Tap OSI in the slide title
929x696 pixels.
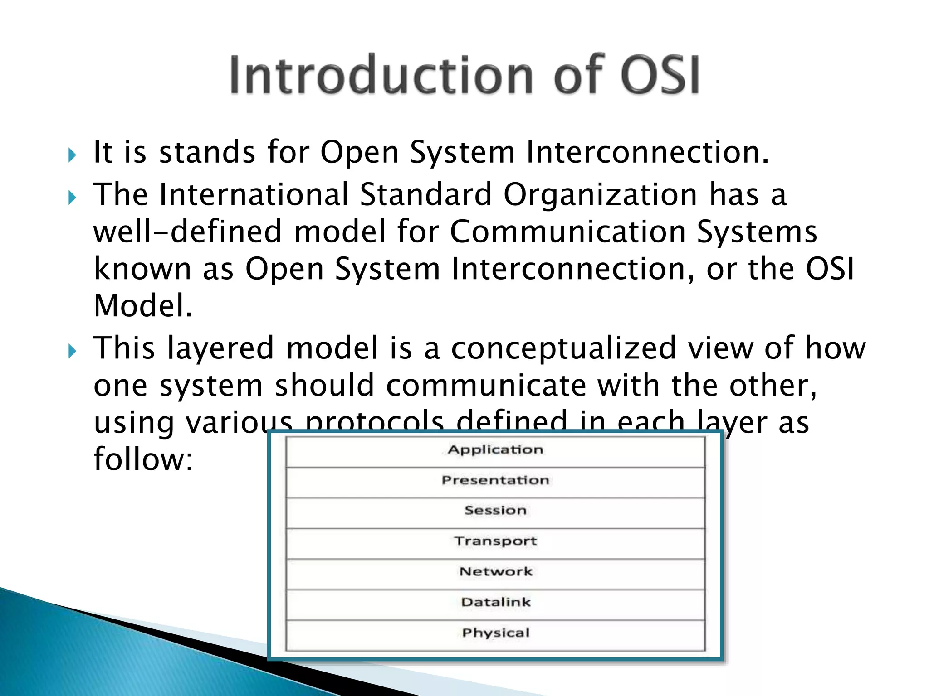click(660, 75)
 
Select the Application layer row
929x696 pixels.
click(495, 450)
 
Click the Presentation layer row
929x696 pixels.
click(495, 480)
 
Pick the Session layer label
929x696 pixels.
click(495, 511)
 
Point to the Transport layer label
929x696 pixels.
click(495, 541)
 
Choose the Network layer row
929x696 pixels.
click(495, 572)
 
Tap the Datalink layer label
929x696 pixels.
click(495, 602)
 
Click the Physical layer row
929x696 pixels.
click(495, 633)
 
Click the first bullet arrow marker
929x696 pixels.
click(72, 155)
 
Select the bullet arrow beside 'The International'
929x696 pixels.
click(72, 198)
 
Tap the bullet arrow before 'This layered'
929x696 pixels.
click(72, 351)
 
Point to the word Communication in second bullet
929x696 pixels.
click(567, 232)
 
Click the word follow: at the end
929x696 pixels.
click(143, 459)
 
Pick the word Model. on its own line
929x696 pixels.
click(143, 305)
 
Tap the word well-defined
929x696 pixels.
click(187, 232)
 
